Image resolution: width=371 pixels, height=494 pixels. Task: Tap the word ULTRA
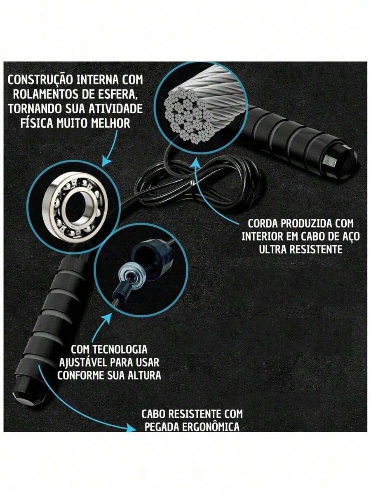(x=272, y=250)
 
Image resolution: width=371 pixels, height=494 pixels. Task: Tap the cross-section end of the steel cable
(x=190, y=115)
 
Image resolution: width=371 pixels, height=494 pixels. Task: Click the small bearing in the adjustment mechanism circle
(x=132, y=273)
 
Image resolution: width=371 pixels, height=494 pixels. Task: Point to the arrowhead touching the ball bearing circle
(x=106, y=161)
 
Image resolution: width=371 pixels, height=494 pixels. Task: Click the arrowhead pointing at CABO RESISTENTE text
(x=130, y=428)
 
